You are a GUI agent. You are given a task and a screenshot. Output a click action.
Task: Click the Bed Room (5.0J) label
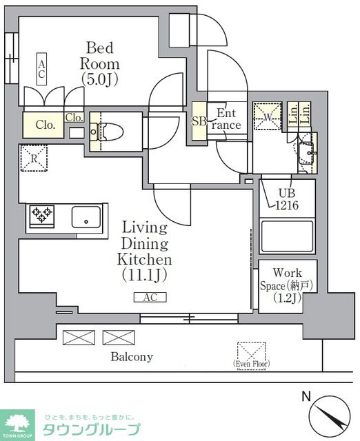tap(99, 64)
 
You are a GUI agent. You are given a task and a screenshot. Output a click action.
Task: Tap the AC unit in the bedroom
tap(41, 69)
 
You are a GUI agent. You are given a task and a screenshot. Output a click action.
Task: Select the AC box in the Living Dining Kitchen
tap(150, 297)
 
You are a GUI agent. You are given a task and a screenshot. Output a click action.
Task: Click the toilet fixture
tap(107, 132)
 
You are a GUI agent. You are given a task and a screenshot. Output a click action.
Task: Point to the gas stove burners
tap(42, 215)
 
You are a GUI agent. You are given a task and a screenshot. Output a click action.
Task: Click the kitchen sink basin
tap(86, 217)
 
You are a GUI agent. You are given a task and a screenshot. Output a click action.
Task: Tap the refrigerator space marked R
tap(34, 158)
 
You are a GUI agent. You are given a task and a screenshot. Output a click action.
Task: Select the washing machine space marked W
tap(267, 116)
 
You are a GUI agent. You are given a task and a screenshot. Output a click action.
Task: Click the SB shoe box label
tap(199, 121)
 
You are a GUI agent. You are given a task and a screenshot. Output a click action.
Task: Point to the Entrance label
tap(226, 119)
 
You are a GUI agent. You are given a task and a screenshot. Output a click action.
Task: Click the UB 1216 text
tap(287, 199)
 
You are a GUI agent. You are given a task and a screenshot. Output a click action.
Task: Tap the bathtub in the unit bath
tap(287, 237)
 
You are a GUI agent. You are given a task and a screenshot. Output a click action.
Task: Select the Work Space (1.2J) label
tap(287, 285)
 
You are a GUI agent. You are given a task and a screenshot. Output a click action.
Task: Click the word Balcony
tap(132, 357)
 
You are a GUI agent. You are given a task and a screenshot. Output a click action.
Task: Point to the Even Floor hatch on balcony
tap(251, 356)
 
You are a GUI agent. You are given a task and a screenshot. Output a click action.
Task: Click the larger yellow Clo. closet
tap(43, 125)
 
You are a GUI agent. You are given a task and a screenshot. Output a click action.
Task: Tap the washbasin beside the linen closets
tap(307, 154)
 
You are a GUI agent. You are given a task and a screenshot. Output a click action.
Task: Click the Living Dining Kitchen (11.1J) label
tap(144, 251)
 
